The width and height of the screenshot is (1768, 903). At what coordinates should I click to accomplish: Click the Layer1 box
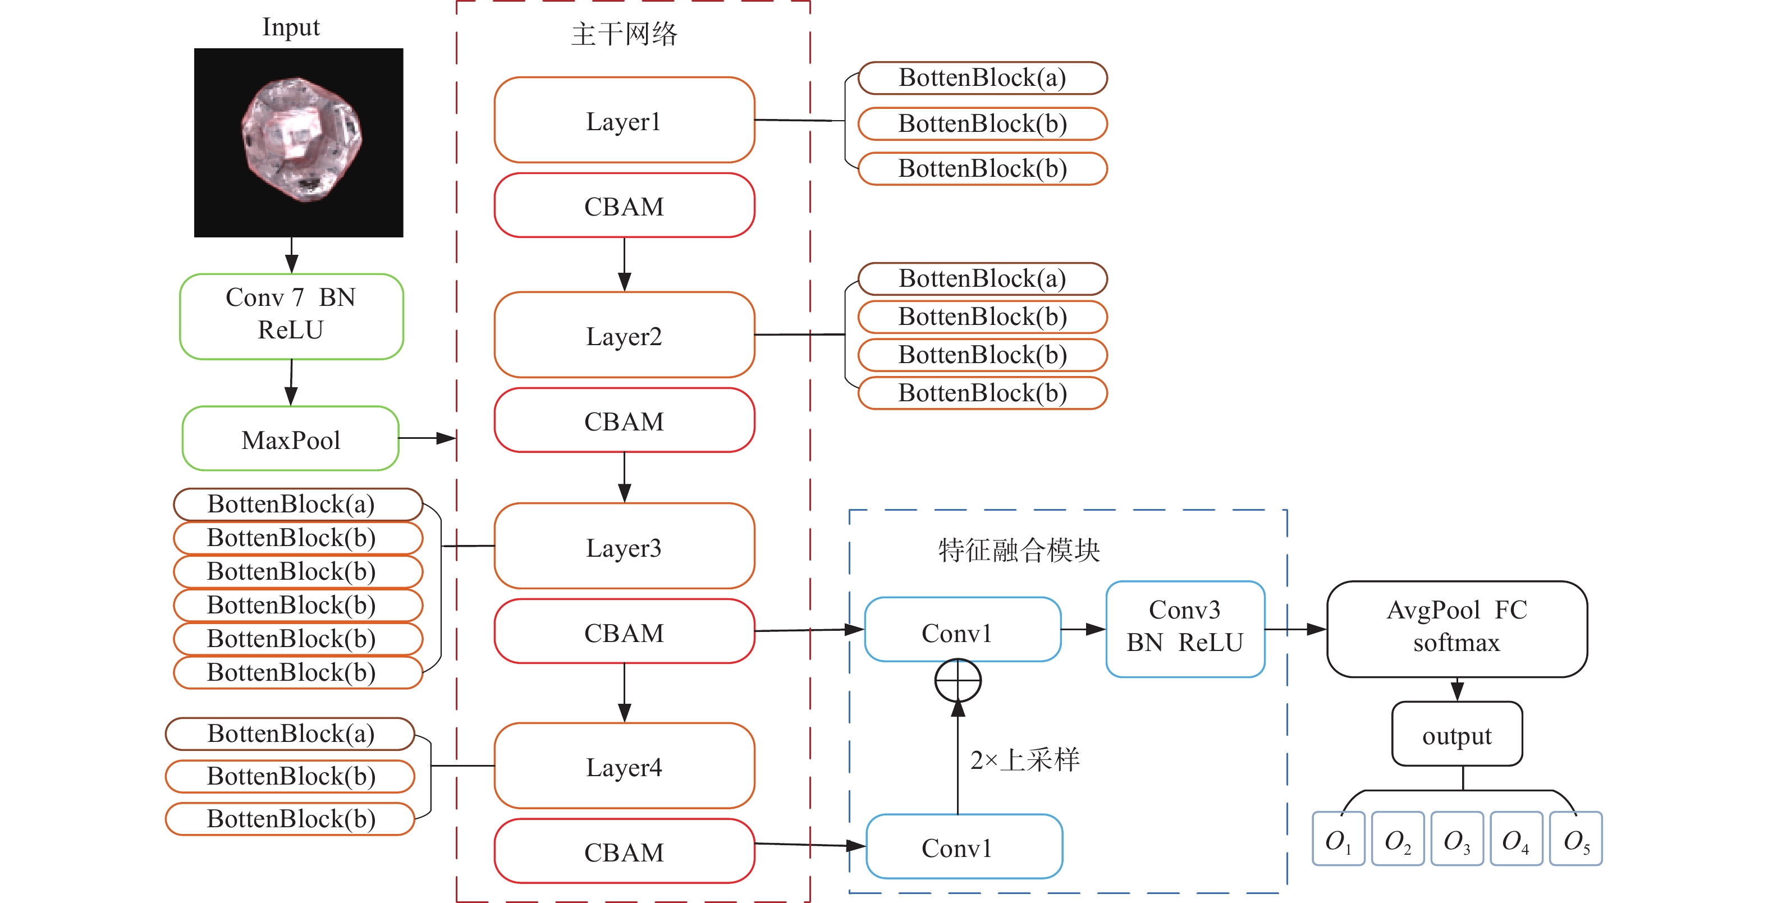624,120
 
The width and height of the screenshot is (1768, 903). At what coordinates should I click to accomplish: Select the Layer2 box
624,335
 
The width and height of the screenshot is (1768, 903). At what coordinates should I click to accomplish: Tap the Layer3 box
624,546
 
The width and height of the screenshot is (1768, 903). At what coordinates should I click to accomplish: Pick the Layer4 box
624,766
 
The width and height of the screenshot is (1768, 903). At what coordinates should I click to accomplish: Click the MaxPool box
290,438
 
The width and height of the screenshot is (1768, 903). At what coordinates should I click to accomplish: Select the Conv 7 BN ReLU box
291,317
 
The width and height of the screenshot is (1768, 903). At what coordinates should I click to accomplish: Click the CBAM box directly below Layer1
624,205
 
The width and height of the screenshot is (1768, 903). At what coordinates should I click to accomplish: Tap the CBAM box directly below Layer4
624,851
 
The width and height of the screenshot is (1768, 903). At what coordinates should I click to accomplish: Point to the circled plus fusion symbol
958,681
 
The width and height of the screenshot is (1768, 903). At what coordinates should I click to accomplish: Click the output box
1456,734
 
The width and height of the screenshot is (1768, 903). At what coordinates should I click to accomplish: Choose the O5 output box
1576,838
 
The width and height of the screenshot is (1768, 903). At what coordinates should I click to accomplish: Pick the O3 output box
1457,838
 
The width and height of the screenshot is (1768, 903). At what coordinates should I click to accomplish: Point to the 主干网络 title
624,34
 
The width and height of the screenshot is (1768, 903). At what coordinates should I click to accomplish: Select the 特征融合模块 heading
1019,549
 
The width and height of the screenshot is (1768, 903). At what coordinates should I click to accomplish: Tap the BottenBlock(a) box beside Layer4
290,734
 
